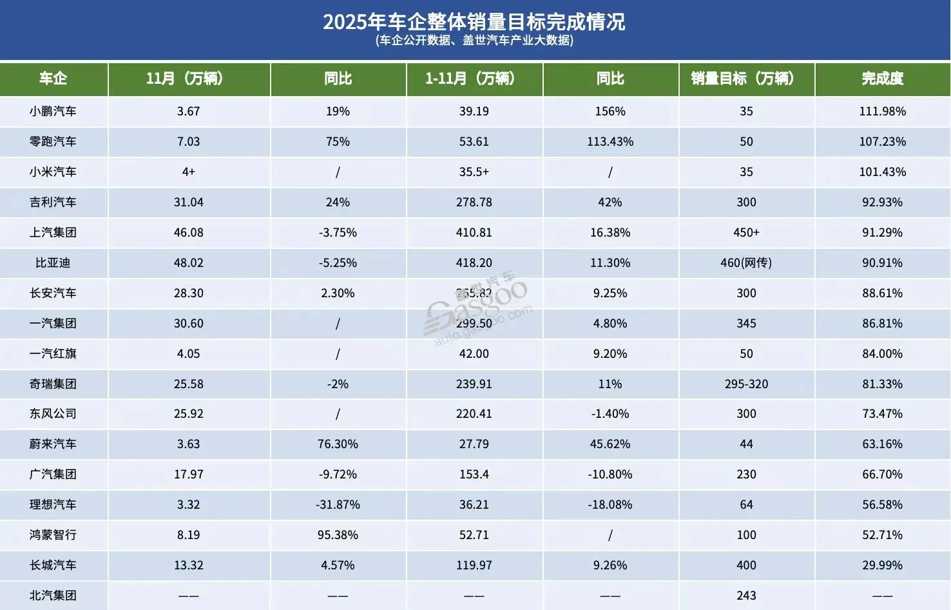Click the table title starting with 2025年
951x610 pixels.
click(474, 22)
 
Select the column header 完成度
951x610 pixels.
click(882, 79)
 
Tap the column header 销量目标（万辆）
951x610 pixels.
click(746, 79)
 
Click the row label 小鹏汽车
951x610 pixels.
click(53, 112)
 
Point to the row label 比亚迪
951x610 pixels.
click(53, 263)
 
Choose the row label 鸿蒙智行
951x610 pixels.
click(53, 535)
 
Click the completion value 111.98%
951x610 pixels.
click(882, 112)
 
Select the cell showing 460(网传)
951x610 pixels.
click(746, 263)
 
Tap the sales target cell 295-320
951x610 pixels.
click(746, 384)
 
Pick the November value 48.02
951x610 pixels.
click(189, 263)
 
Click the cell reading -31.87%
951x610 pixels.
click(338, 505)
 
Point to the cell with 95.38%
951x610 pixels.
click(338, 535)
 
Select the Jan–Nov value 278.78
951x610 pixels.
click(474, 202)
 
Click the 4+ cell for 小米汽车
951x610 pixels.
click(189, 172)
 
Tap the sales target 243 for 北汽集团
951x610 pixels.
click(746, 596)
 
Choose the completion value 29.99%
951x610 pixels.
click(882, 566)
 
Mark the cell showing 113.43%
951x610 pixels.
click(610, 142)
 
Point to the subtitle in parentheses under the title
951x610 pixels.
click(474, 41)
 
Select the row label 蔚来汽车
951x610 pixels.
click(53, 444)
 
